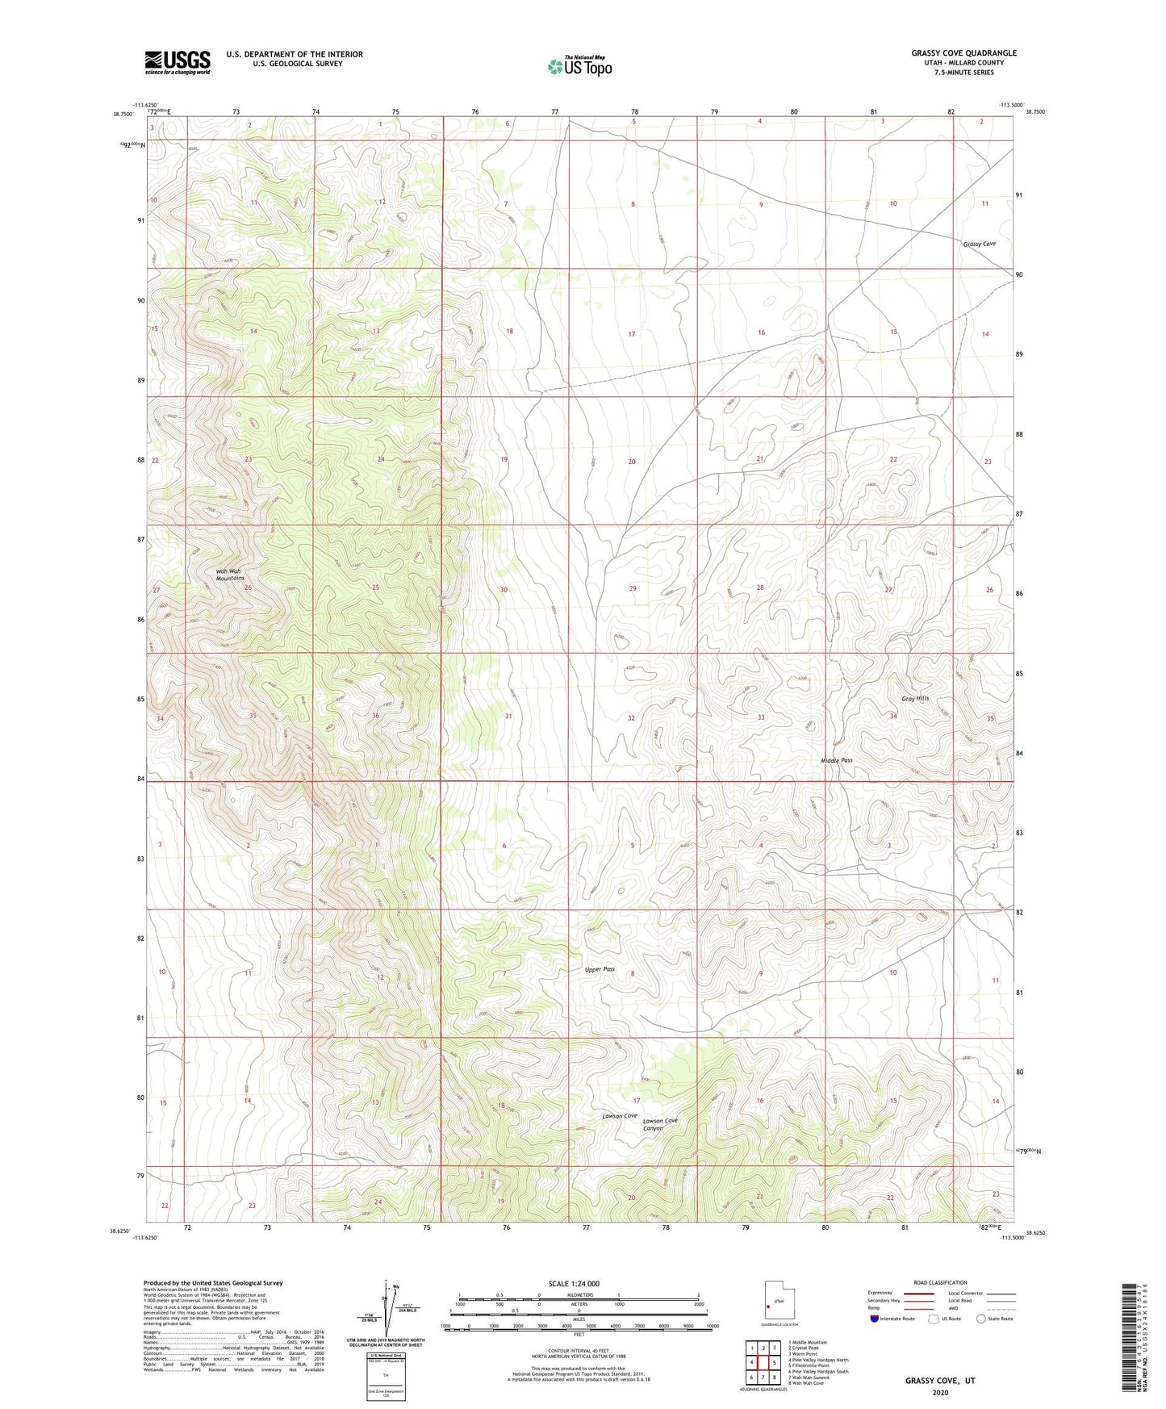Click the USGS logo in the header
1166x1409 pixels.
coord(178,61)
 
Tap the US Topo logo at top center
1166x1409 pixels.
coord(579,66)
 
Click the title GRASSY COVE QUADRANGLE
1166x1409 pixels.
coord(963,53)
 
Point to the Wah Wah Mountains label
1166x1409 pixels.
coord(229,575)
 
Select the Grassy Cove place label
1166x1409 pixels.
coord(979,244)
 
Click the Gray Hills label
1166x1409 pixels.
coord(915,698)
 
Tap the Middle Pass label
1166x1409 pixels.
coord(836,760)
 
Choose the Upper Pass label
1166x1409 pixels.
coord(600,969)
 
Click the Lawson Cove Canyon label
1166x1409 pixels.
coord(659,1124)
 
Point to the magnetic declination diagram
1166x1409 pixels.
coord(390,1311)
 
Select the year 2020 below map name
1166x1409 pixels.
coord(940,1392)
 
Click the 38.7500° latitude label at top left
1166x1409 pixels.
coord(123,114)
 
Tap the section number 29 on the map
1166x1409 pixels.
coord(633,588)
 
